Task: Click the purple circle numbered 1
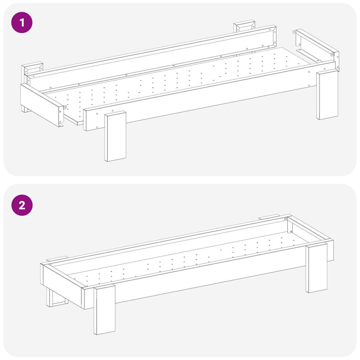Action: pyautogui.click(x=22, y=23)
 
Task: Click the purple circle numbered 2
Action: pyautogui.click(x=22, y=205)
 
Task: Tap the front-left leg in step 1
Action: pyautogui.click(x=115, y=136)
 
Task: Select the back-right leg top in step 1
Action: pyautogui.click(x=244, y=26)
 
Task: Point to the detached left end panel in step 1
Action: pyautogui.click(x=41, y=104)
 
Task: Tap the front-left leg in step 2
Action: pyautogui.click(x=104, y=309)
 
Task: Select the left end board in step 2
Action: pyautogui.click(x=62, y=285)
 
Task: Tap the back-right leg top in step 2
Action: pyautogui.click(x=269, y=217)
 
